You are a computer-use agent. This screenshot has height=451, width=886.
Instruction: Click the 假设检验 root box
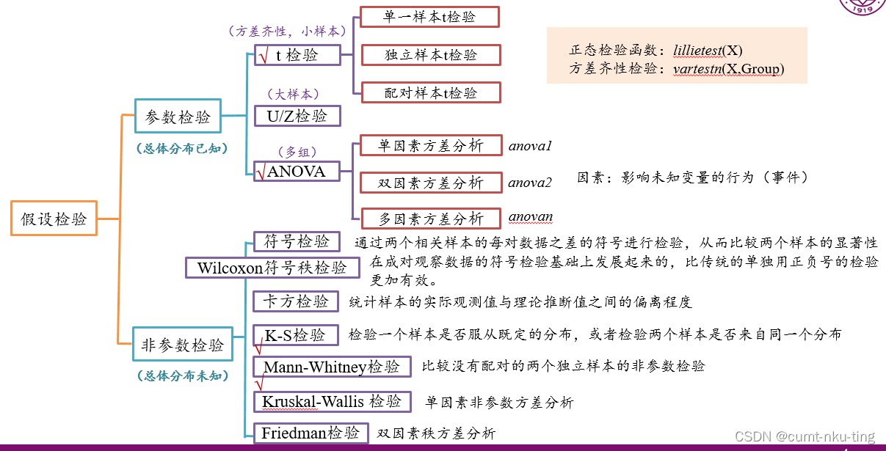pyautogui.click(x=54, y=219)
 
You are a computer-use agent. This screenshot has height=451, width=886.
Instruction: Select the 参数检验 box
pyautogui.click(x=178, y=117)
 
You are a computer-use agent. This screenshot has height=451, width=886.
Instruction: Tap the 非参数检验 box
pyautogui.click(x=182, y=345)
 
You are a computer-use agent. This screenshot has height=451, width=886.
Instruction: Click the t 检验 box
pyautogui.click(x=297, y=55)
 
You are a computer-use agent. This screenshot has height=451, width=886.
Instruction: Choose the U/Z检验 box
pyautogui.click(x=297, y=116)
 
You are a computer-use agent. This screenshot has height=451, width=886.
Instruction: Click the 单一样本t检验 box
pyautogui.click(x=429, y=17)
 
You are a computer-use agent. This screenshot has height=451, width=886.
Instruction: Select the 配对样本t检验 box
pyautogui.click(x=431, y=92)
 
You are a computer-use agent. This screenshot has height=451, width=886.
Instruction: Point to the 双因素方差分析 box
pyautogui.click(x=430, y=183)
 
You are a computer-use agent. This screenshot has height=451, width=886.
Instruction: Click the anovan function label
pyautogui.click(x=531, y=217)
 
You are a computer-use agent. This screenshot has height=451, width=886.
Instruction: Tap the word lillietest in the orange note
pyautogui.click(x=697, y=51)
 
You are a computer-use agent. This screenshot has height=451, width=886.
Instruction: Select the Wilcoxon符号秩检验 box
pyautogui.click(x=272, y=268)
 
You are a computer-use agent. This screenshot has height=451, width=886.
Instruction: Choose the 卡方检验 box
pyautogui.click(x=296, y=301)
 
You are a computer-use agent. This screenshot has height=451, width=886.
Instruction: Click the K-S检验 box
pyautogui.click(x=295, y=335)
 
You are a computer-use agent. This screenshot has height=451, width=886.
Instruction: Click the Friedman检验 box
pyautogui.click(x=311, y=433)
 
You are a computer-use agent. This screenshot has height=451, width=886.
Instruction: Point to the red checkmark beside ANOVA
pyautogui.click(x=261, y=173)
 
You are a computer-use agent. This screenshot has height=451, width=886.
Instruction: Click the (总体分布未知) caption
pyautogui.click(x=182, y=376)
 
